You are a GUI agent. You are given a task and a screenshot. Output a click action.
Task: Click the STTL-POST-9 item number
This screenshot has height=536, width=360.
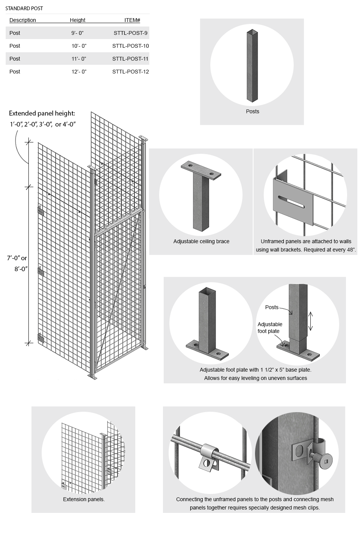point(130,33)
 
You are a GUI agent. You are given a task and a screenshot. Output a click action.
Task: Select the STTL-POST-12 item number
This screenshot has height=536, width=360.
point(130,72)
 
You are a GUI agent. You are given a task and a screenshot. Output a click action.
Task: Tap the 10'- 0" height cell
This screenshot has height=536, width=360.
point(79,46)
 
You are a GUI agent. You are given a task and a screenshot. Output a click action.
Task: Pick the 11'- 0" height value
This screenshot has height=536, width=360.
point(79,59)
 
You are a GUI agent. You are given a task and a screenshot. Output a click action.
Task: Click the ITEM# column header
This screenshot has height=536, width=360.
point(132,20)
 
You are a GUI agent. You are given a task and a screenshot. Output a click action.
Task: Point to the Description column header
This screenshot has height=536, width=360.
point(23,20)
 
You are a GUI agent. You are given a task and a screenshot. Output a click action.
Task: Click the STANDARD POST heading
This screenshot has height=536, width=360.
point(24,8)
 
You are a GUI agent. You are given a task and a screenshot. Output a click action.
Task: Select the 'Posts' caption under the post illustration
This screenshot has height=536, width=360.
point(252,111)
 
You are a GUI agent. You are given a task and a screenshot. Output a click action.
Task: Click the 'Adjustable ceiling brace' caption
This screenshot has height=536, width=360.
point(201,241)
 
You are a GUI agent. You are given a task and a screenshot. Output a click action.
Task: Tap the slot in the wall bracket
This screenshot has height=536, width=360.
point(291,202)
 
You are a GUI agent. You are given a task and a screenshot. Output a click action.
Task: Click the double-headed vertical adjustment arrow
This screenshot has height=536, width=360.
point(310,321)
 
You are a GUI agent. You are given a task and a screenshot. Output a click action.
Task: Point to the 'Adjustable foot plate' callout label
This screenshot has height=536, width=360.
point(269,328)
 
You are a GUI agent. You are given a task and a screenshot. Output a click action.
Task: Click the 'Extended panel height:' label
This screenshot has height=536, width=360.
point(42,113)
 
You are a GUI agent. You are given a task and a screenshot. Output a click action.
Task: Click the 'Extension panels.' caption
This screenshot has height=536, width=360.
point(84,499)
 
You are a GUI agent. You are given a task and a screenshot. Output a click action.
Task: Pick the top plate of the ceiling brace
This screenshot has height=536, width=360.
point(201,170)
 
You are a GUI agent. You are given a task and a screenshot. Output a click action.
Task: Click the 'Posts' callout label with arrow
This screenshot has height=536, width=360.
point(272,307)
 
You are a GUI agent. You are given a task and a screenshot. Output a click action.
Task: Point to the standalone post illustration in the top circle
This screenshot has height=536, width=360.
point(252,66)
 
